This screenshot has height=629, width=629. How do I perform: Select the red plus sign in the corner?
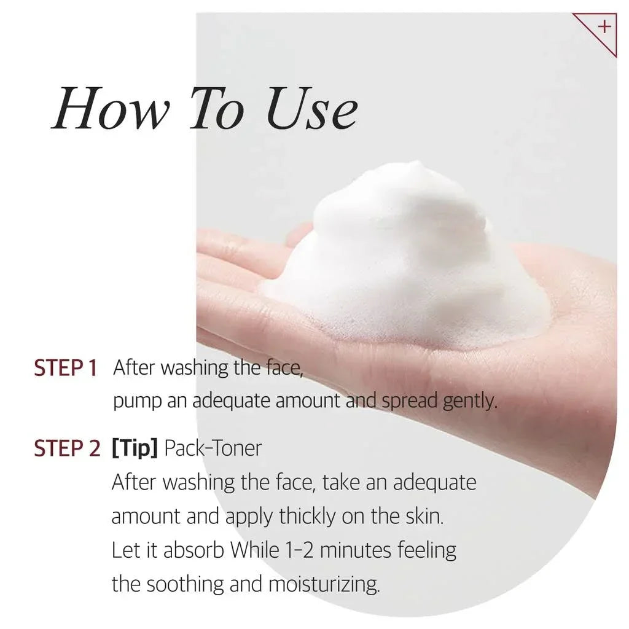click(604, 27)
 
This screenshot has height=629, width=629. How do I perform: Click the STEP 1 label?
click(65, 368)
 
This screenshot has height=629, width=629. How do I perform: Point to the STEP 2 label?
click(67, 448)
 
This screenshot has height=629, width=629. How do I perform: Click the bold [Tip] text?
click(135, 448)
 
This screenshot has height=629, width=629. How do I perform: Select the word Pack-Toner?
click(213, 448)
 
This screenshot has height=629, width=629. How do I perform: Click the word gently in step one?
click(470, 401)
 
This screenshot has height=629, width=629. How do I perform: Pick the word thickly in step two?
click(307, 516)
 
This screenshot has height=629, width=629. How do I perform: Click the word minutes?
click(356, 550)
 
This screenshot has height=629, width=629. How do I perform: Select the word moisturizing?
click(324, 585)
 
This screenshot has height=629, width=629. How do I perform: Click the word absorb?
click(193, 550)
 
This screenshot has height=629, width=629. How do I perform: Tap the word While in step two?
click(254, 550)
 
